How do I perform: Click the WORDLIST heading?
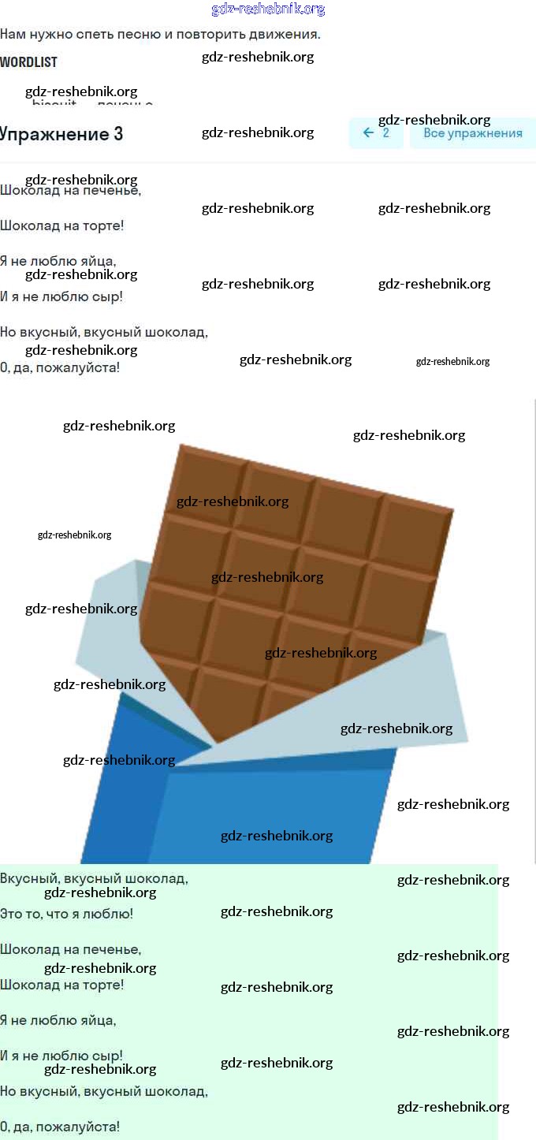[28, 61]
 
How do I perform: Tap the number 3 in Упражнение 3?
[118, 134]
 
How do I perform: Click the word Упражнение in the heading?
[54, 134]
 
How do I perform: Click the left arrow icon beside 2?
[368, 133]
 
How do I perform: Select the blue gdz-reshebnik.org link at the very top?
[268, 9]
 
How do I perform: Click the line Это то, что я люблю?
[66, 914]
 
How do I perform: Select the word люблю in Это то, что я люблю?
[113, 914]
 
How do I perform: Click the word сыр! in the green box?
[108, 1056]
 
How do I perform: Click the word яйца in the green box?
[99, 1020]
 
